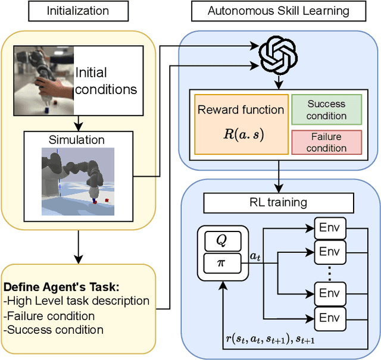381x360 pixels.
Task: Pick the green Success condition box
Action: tap(326, 110)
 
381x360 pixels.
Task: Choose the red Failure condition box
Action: tap(326, 142)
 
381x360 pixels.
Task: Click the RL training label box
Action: tap(279, 202)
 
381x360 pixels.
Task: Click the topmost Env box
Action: tap(330, 228)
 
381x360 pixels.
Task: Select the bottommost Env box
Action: tap(330, 317)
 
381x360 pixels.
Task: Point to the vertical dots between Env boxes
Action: tap(330, 274)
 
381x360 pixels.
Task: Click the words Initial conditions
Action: tap(105, 82)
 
